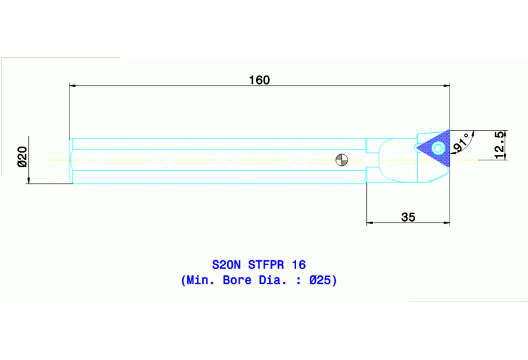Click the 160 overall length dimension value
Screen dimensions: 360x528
point(259,80)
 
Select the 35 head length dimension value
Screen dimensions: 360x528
point(408,217)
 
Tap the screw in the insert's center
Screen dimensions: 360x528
point(436,147)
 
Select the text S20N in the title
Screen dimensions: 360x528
point(226,264)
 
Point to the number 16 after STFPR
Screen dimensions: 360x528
point(299,264)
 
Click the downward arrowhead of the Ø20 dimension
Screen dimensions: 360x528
point(28,180)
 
